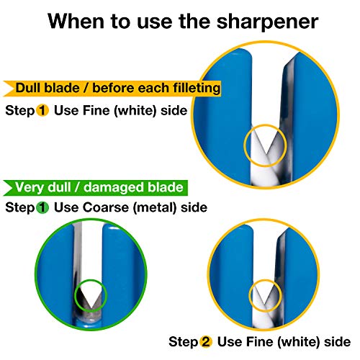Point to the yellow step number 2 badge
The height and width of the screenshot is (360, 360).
[205, 341]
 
